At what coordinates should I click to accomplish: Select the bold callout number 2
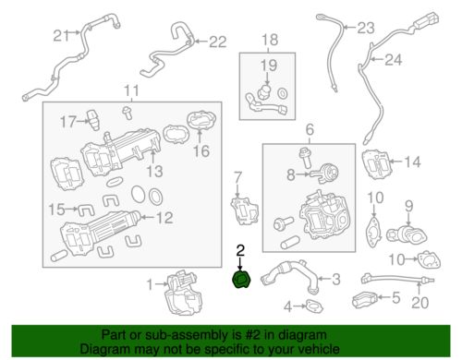click(240, 250)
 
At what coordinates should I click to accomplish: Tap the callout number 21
click(62, 36)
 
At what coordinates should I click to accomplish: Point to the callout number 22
click(218, 42)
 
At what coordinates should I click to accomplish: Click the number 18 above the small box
click(270, 40)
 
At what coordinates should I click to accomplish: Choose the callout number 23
click(366, 28)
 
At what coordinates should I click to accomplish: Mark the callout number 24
click(394, 60)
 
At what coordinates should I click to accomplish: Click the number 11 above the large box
click(131, 91)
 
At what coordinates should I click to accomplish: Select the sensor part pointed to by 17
click(93, 120)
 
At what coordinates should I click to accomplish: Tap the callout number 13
click(154, 172)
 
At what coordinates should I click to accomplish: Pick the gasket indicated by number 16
click(201, 122)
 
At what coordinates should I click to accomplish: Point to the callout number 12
click(164, 218)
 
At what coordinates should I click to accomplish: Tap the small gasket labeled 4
click(314, 306)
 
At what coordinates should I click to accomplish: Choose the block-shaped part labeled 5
click(365, 299)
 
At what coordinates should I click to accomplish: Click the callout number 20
click(420, 303)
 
